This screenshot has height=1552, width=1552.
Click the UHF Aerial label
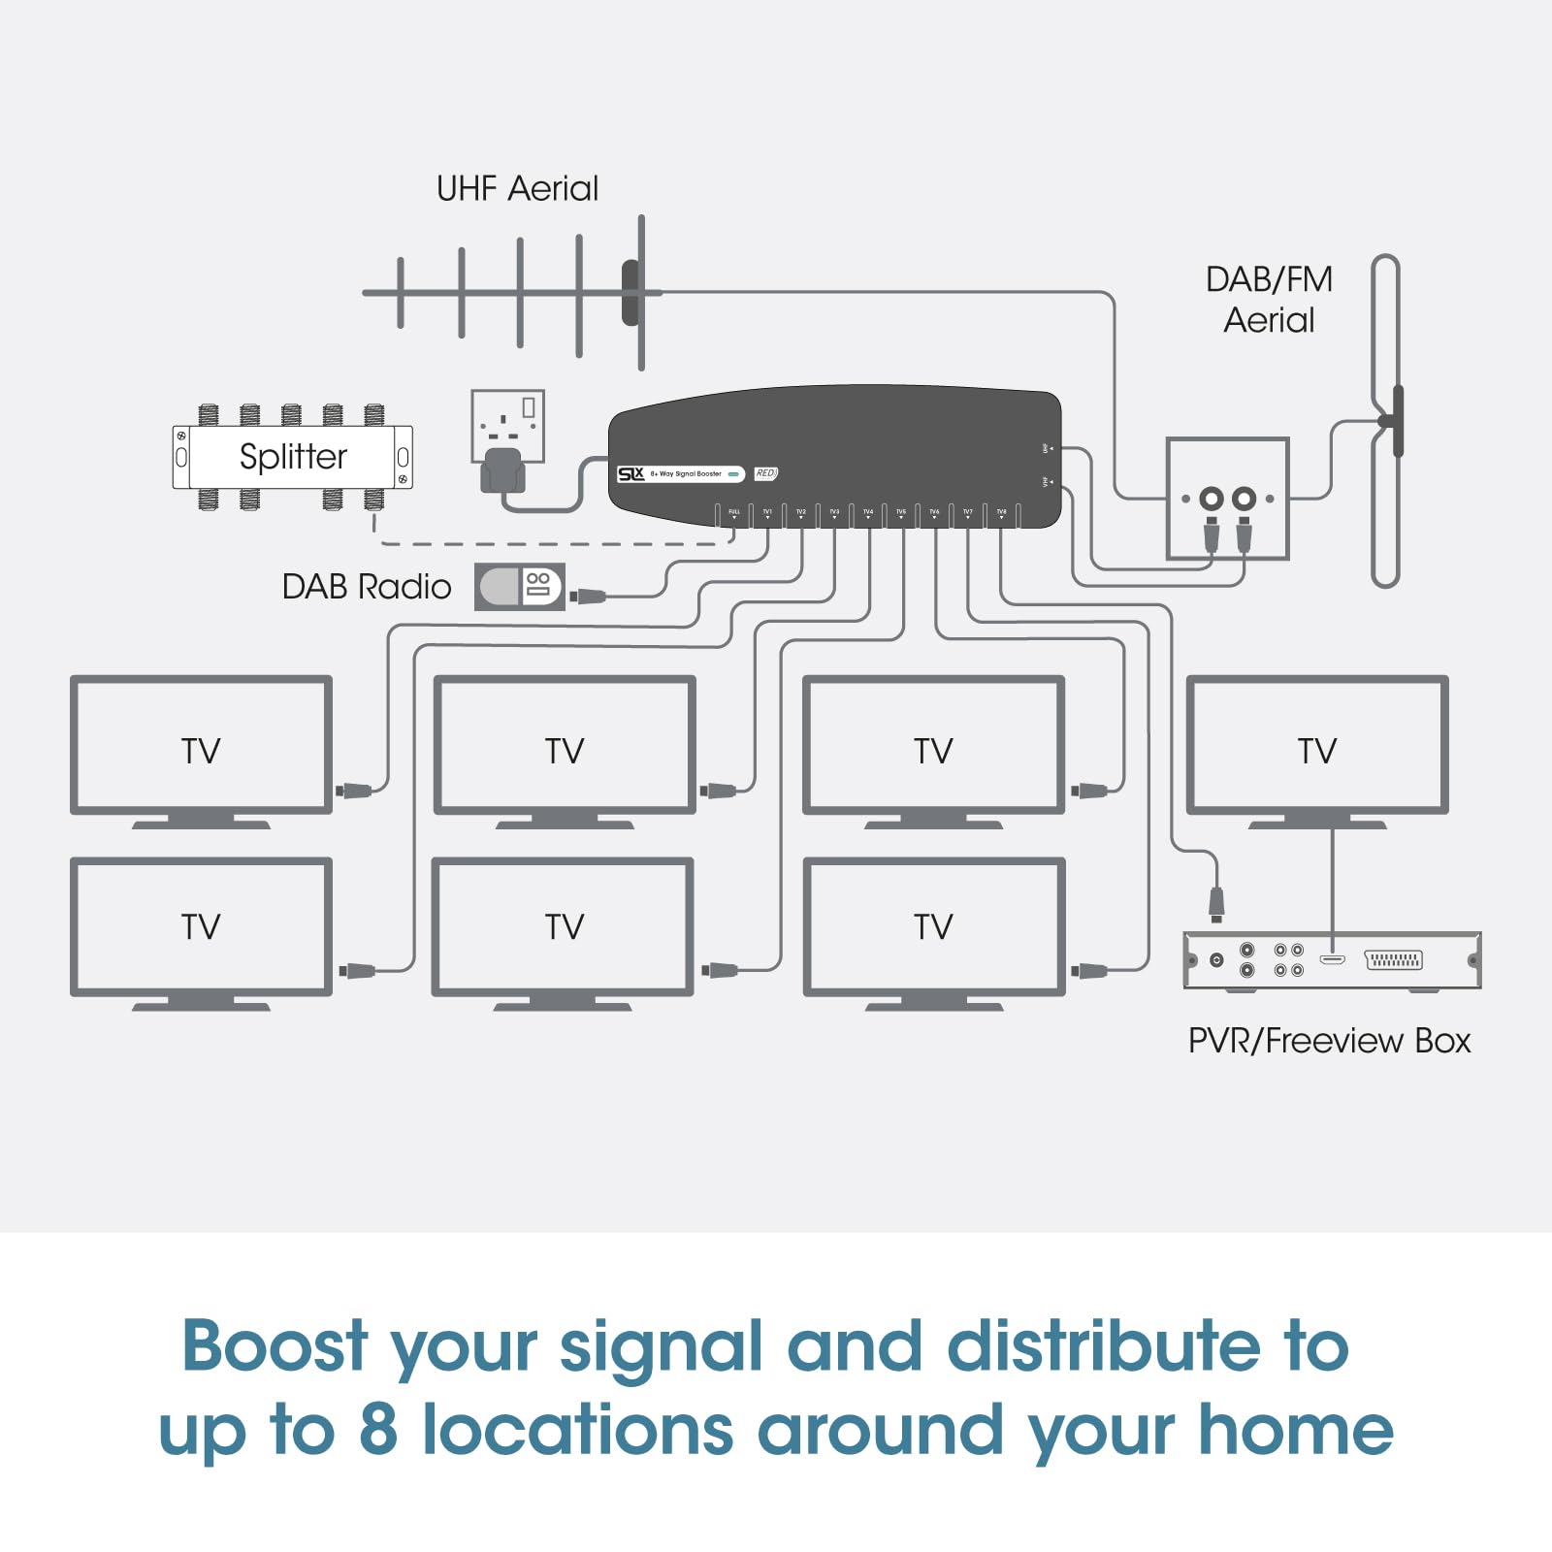(517, 188)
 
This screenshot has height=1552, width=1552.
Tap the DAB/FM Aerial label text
(1269, 300)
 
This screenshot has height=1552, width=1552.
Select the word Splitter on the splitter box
(293, 456)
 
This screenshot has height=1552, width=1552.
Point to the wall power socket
(507, 427)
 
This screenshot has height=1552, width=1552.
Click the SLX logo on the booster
(631, 473)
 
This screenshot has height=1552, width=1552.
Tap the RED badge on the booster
(765, 473)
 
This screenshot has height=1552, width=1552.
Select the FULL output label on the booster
(734, 511)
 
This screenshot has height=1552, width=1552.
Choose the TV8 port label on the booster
(1001, 511)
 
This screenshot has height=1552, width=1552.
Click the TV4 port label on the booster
(868, 511)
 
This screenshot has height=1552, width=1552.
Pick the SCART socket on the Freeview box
(1393, 960)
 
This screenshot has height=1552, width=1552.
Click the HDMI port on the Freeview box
(1332, 959)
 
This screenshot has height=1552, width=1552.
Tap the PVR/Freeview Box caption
(1329, 1041)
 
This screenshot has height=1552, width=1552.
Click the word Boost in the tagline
(275, 1346)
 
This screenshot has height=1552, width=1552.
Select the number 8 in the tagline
(378, 1430)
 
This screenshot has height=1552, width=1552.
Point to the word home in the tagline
(1296, 1430)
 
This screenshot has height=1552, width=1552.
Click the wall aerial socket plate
(1227, 499)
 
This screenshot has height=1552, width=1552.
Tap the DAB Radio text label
(367, 587)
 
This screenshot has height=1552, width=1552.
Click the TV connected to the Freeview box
(1316, 745)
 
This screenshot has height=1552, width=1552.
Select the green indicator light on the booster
(734, 474)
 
